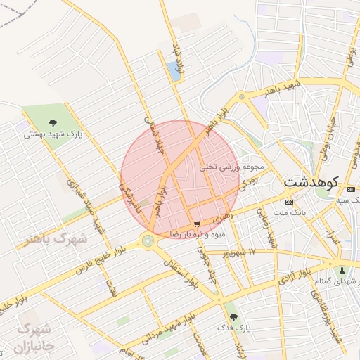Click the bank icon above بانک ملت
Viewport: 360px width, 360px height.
(290, 201)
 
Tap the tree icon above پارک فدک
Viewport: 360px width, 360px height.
(234, 317)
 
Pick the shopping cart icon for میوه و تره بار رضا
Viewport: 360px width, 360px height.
(195, 224)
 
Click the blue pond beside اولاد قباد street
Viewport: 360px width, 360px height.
(173, 71)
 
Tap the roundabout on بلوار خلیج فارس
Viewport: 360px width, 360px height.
(149, 240)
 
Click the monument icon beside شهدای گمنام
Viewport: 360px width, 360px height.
(342, 271)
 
